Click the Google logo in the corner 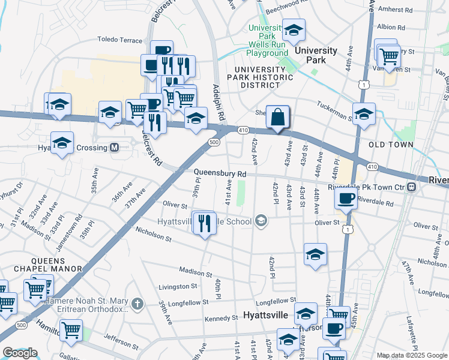[20, 353]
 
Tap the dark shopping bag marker [278, 117]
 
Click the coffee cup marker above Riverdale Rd [346, 199]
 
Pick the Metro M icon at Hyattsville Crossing [114, 148]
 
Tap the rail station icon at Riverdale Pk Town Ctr [411, 187]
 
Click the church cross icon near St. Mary [137, 304]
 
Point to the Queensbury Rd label [220, 173]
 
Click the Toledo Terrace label [120, 40]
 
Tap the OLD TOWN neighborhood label [391, 145]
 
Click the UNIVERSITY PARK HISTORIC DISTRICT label [262, 77]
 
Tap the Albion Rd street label [396, 27]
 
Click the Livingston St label [177, 287]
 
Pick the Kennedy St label [221, 319]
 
